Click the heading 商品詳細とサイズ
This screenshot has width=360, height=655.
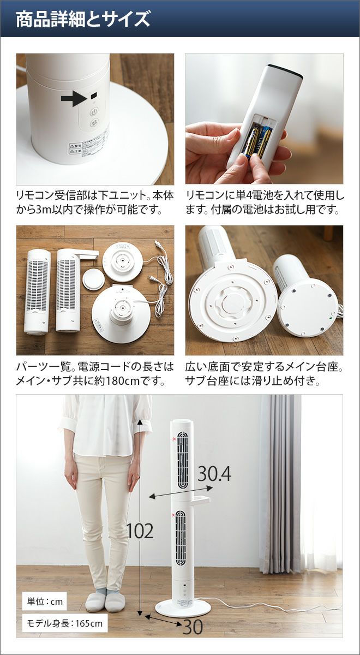83,19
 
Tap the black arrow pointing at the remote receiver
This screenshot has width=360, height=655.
74,98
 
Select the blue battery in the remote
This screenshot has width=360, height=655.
264,140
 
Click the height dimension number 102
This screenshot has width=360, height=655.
140,531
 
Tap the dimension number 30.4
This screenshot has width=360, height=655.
214,474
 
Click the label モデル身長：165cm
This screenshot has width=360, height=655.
64,615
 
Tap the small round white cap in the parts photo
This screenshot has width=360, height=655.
94,279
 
